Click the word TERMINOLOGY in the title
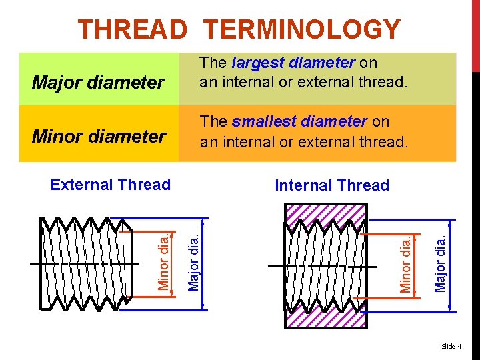coord(302,29)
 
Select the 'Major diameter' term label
coord(98,83)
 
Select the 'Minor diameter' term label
coord(99,137)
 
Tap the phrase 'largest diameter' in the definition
coord(294,63)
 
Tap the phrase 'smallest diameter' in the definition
coord(300,121)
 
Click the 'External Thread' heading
coord(111,185)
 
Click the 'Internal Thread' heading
coord(332,185)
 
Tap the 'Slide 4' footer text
coord(452,346)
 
